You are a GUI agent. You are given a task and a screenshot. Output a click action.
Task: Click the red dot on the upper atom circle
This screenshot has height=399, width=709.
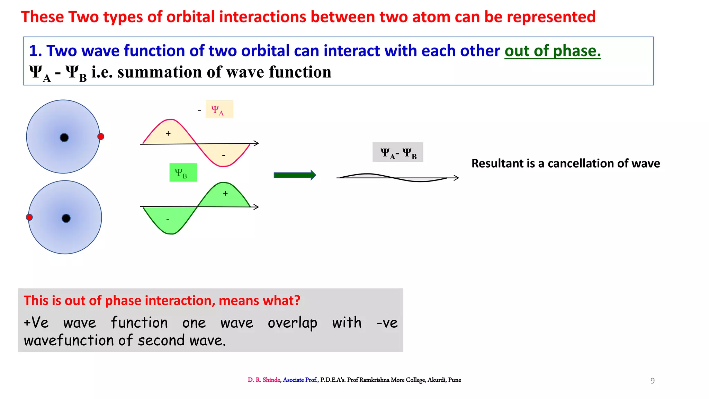click(101, 136)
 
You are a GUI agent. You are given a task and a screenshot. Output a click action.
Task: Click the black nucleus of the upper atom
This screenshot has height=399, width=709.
click(64, 138)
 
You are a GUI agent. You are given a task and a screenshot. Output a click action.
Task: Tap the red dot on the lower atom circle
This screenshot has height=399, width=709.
click(29, 217)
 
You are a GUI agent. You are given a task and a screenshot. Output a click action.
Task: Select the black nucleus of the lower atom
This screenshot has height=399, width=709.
click(66, 218)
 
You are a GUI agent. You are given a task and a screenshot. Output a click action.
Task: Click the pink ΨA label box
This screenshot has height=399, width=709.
click(219, 109)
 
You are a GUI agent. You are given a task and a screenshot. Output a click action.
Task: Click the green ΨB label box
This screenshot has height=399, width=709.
click(183, 172)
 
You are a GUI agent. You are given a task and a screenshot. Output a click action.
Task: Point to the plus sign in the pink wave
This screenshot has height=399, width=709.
click(168, 133)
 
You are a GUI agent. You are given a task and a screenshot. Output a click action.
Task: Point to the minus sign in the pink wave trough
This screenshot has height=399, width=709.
click(224, 156)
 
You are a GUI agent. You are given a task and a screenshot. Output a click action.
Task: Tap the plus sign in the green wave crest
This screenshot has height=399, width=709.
click(225, 193)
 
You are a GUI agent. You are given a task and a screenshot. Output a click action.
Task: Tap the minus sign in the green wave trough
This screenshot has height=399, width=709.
click(168, 220)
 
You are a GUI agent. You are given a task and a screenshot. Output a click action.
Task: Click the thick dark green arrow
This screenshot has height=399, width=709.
click(295, 175)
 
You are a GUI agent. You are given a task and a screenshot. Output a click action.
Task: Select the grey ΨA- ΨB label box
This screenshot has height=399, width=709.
click(398, 152)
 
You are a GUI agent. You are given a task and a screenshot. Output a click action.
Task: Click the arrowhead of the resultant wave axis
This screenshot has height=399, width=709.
click(457, 178)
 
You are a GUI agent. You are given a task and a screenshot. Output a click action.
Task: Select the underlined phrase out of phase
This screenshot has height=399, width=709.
click(553, 51)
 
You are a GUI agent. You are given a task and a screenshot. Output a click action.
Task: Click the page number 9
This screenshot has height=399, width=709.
click(652, 381)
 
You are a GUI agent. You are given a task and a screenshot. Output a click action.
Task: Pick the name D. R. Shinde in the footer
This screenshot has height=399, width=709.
click(264, 380)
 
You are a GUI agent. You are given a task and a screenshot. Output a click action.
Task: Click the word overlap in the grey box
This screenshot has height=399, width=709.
click(293, 323)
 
